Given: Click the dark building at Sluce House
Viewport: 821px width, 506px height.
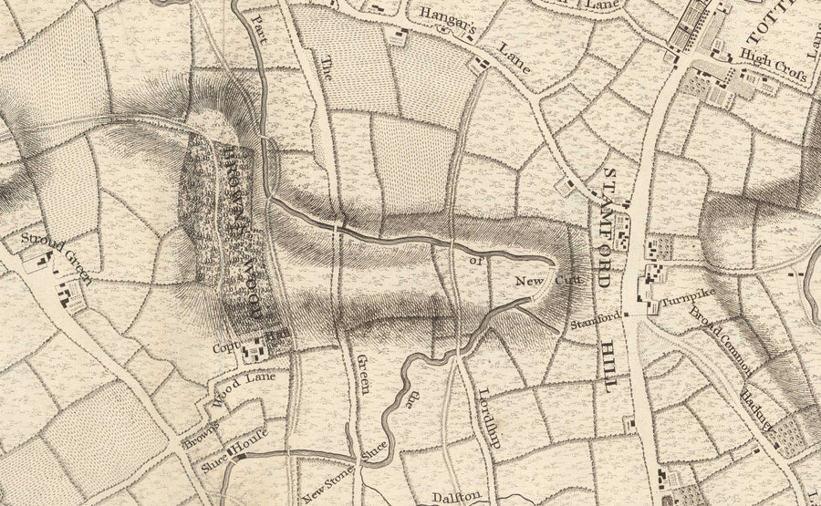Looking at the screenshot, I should (x=236, y=456).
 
